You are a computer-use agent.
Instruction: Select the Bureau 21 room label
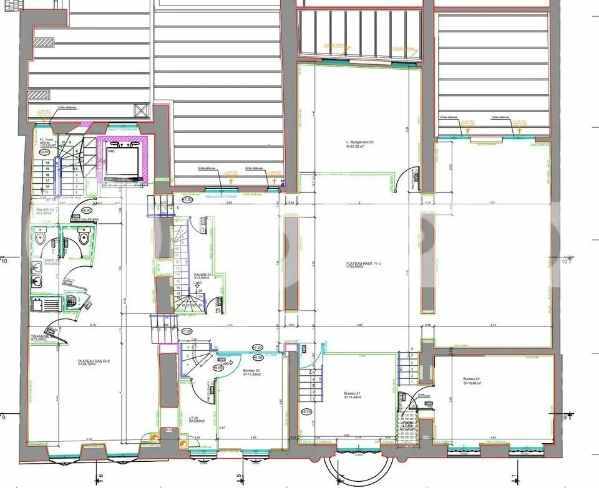tap(353, 393)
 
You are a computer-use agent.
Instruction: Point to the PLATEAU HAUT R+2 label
tap(360, 264)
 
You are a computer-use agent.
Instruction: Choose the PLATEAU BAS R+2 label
tap(93, 361)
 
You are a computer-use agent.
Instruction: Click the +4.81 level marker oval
tap(44, 151)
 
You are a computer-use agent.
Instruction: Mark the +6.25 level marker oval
tap(306, 412)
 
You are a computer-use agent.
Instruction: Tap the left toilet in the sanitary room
tap(41, 237)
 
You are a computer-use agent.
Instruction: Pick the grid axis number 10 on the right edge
tap(566, 262)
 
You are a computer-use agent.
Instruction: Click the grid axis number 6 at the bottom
tap(100, 478)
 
